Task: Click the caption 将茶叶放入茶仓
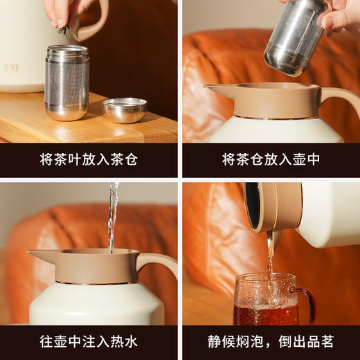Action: tap(89, 160)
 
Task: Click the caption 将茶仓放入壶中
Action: tap(271, 160)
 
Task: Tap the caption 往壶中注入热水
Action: tap(89, 341)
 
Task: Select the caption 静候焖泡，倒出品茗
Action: tap(271, 341)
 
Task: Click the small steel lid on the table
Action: tap(125, 109)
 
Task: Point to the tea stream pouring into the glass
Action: tap(271, 256)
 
